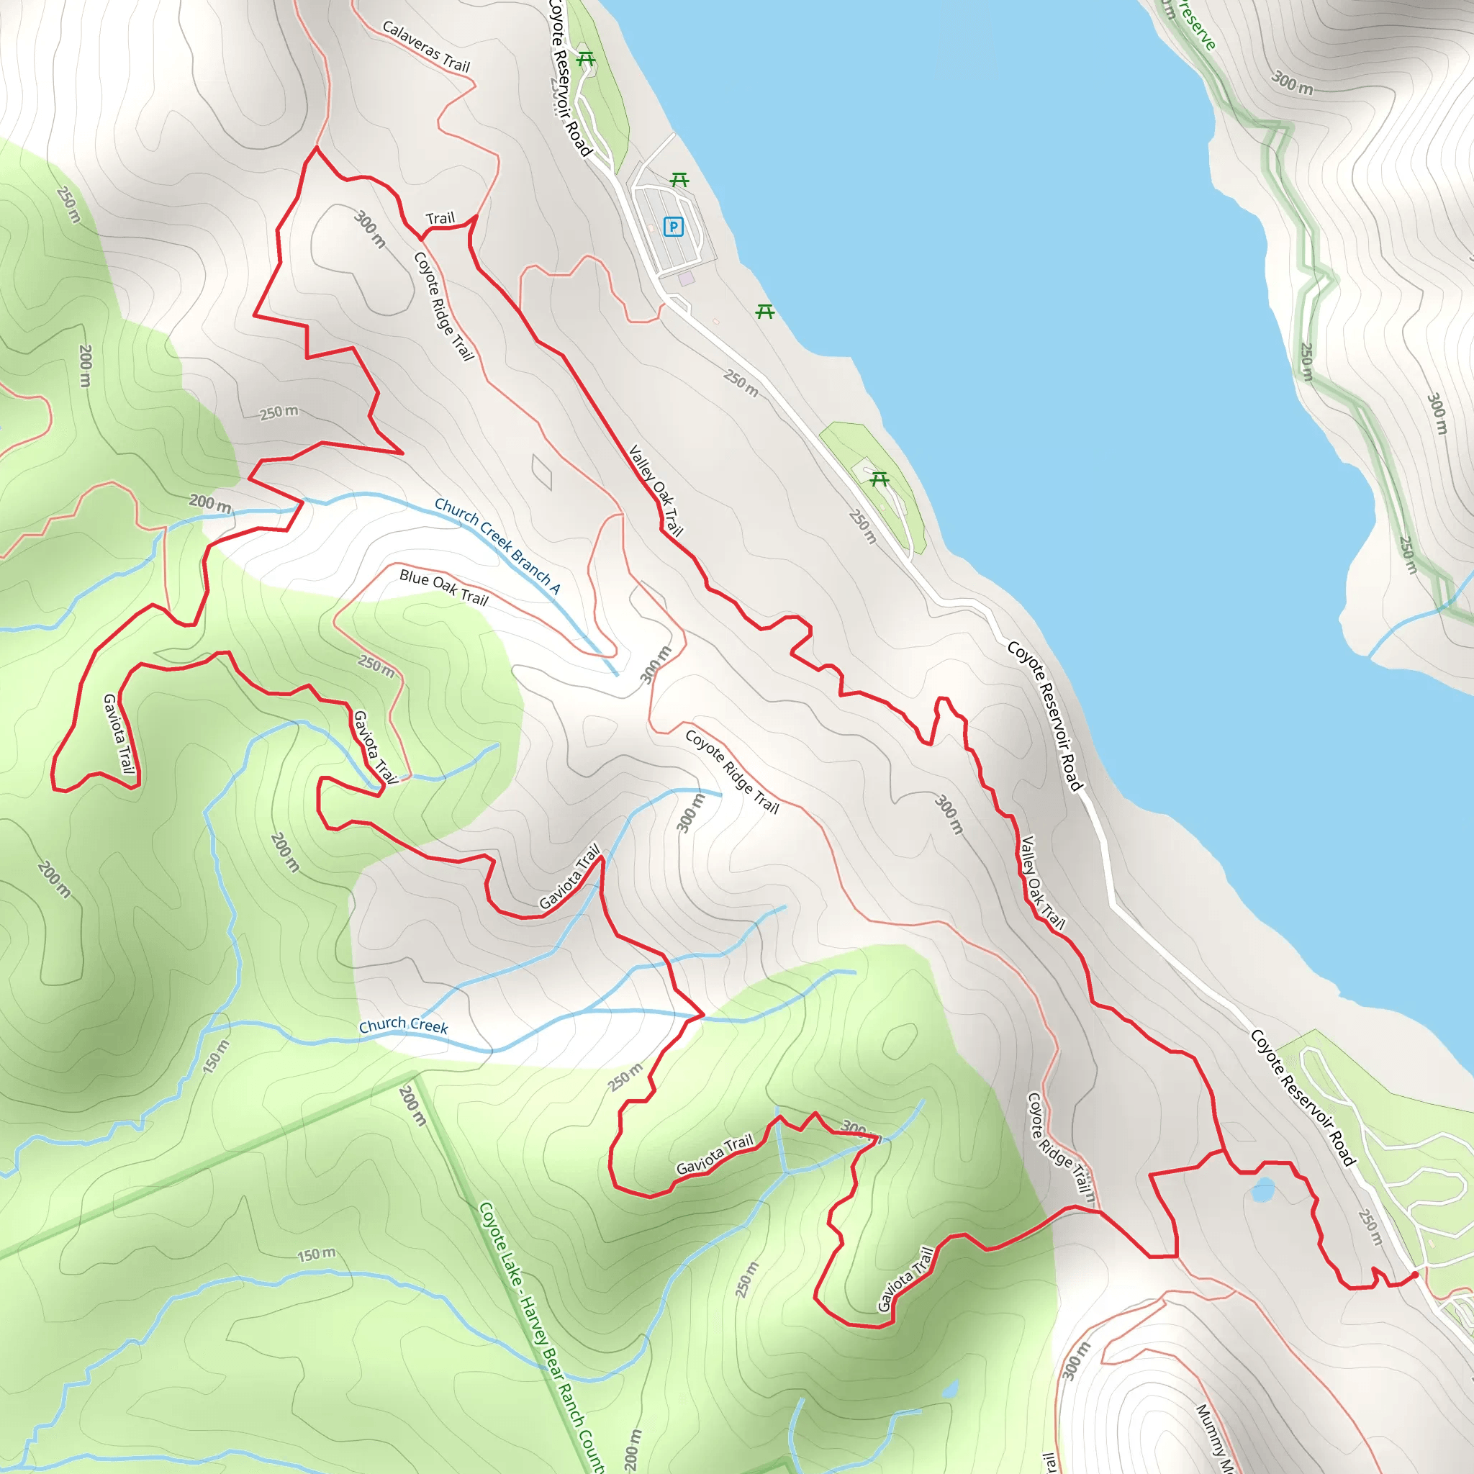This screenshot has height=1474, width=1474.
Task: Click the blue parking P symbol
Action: tap(673, 227)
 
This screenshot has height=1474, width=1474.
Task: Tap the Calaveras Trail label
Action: tap(426, 48)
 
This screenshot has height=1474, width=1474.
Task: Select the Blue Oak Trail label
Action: tap(443, 587)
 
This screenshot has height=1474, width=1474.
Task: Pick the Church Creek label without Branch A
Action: tap(404, 1026)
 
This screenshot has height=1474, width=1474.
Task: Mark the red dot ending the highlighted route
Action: tap(1415, 1274)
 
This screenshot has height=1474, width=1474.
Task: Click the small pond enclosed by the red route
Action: tap(1263, 1189)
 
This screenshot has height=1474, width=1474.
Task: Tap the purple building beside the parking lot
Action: tap(687, 279)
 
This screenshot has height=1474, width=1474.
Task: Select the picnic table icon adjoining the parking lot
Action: tap(679, 180)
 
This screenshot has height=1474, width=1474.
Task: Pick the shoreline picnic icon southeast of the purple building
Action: tap(765, 311)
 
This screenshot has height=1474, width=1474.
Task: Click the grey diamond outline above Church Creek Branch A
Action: tap(542, 472)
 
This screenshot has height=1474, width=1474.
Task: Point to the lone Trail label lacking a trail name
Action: tap(440, 219)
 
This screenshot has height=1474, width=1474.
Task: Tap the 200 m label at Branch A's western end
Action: tap(210, 504)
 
